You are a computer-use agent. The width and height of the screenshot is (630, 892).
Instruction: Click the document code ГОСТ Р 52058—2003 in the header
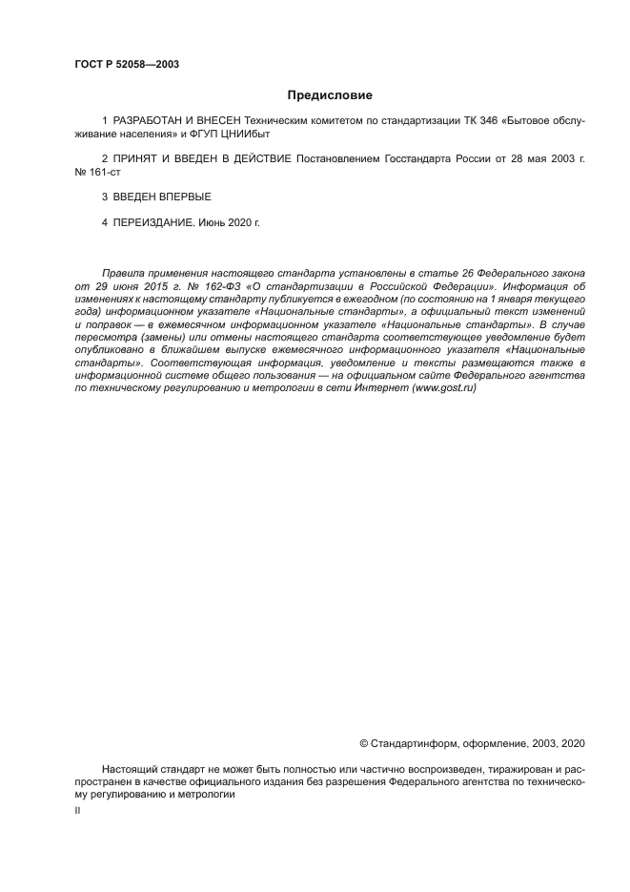(127, 65)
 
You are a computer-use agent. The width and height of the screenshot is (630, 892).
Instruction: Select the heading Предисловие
(330, 95)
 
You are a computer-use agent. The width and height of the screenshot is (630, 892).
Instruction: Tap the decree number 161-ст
(106, 172)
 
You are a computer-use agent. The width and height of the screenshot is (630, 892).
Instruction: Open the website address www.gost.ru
(443, 388)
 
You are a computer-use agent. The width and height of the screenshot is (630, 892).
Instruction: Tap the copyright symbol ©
(363, 742)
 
